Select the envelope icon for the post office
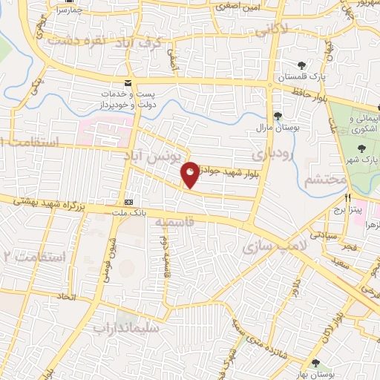coord(128,82)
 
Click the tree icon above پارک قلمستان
coord(301,65)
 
